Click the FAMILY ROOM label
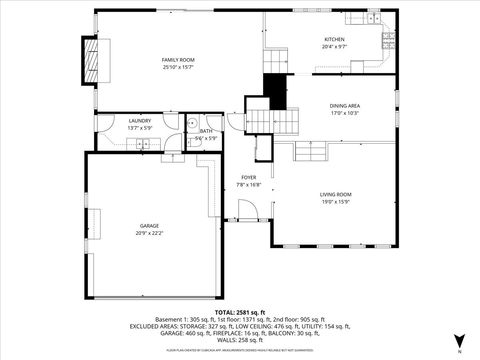point(176,60)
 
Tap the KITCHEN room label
point(334,40)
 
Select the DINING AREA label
point(345,105)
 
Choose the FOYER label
point(248,177)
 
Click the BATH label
point(206,131)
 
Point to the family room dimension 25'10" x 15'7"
point(176,67)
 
